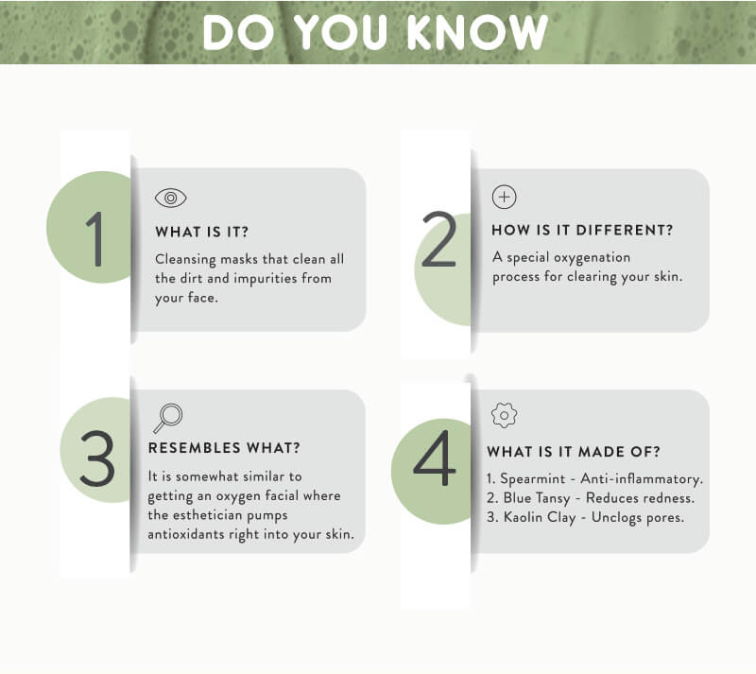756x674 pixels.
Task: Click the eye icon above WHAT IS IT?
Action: (171, 198)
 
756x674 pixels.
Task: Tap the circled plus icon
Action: (505, 197)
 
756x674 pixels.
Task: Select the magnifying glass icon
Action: (168, 418)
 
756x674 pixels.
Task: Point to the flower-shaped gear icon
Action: (505, 415)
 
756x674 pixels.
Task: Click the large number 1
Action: (95, 239)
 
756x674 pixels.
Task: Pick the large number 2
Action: (438, 239)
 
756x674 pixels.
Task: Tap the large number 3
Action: (97, 458)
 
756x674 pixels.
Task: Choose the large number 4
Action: (435, 458)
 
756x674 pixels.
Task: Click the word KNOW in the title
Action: (477, 32)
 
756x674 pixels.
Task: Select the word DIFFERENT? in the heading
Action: (625, 230)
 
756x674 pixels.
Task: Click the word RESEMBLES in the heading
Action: (195, 448)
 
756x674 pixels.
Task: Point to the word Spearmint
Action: (532, 479)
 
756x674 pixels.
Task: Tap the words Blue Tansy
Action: (537, 498)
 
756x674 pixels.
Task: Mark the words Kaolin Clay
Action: (540, 518)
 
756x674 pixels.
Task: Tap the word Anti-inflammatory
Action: (642, 479)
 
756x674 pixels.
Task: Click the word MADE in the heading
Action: (602, 452)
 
